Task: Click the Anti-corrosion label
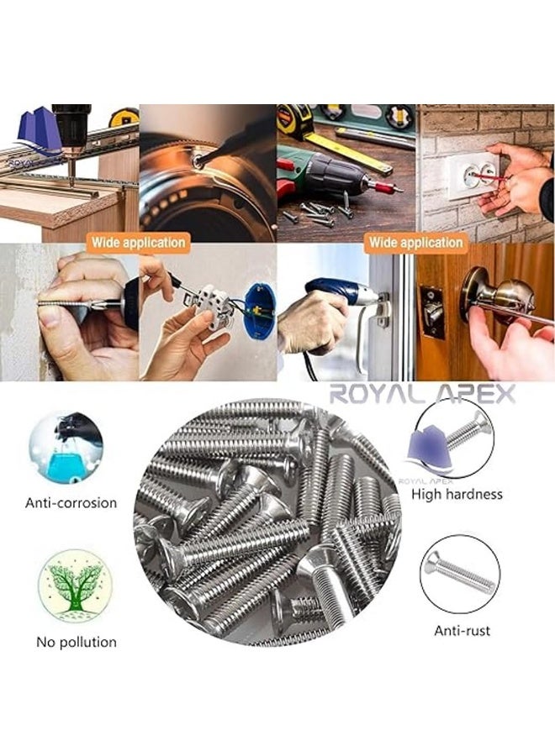[71, 503]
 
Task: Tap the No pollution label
[77, 643]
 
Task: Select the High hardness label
[457, 494]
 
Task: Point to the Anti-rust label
[462, 630]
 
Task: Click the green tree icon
[76, 585]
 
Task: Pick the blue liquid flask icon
[66, 448]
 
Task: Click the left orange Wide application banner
[139, 243]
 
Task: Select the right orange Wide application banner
[416, 243]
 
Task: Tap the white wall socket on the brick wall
[473, 175]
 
